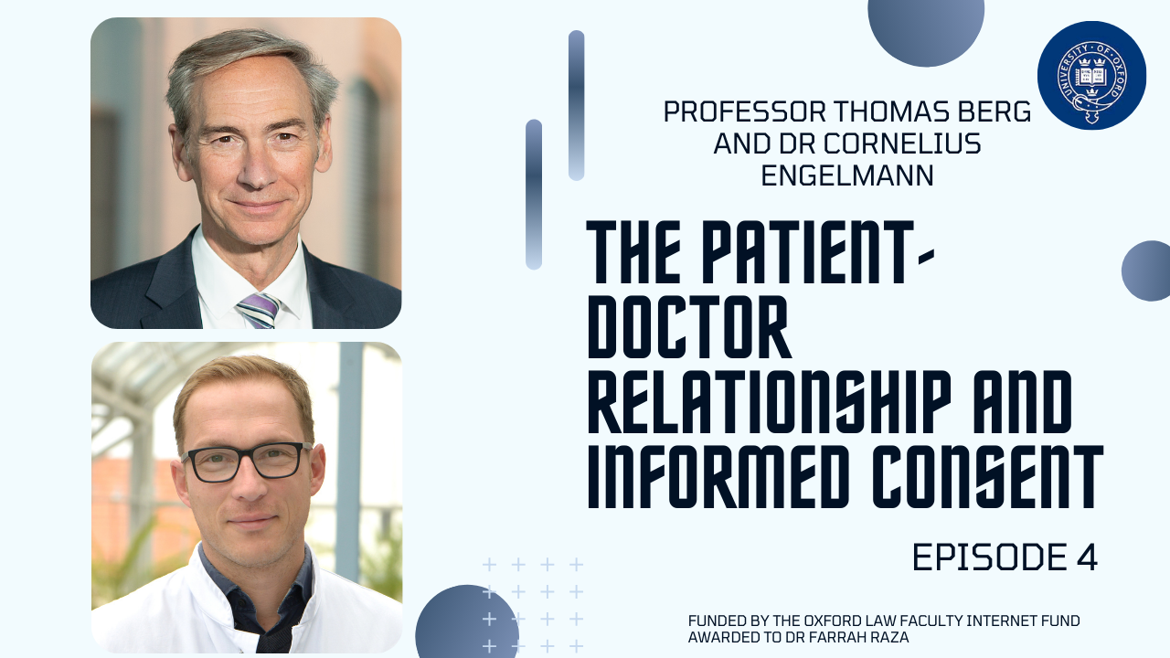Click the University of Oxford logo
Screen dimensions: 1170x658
tap(1091, 75)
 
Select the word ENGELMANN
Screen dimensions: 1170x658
tap(847, 175)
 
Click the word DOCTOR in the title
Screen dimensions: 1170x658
tap(689, 326)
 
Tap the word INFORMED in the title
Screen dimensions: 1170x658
tap(718, 477)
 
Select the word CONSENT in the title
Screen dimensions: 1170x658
tap(988, 477)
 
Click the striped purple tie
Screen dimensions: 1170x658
tap(258, 310)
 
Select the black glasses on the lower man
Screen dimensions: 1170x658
tap(247, 462)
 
